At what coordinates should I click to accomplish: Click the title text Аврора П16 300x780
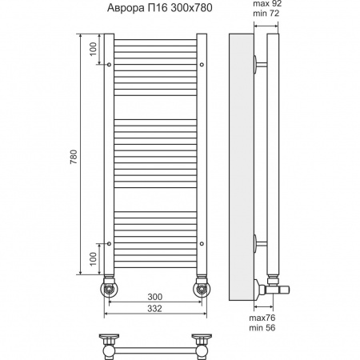[160, 8]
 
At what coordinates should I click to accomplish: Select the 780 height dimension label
[74, 157]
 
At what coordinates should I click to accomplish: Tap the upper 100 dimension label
[93, 49]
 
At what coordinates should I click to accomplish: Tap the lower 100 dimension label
[93, 259]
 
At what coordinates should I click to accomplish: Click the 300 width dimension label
[154, 297]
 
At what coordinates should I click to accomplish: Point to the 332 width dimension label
[154, 308]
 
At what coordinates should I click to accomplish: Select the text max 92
[267, 3]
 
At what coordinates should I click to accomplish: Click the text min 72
[266, 13]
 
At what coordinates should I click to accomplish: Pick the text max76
[262, 318]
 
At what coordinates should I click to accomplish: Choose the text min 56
[262, 327]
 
